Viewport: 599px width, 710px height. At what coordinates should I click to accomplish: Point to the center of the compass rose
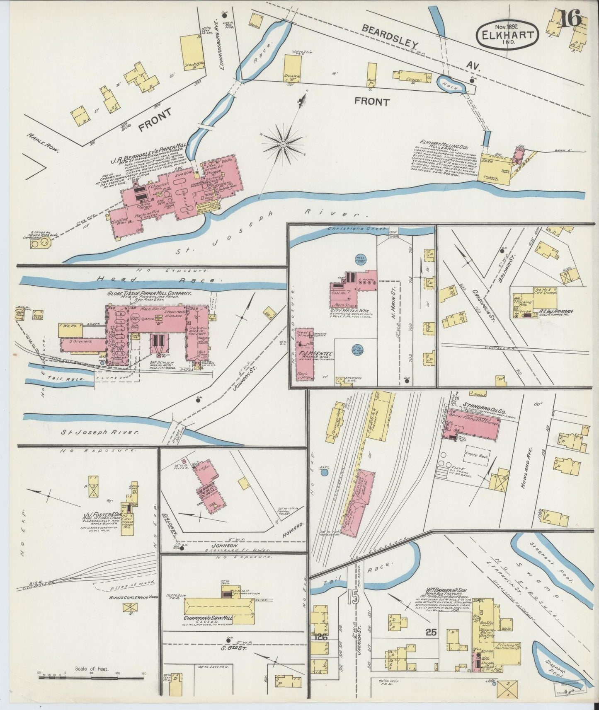[282, 144]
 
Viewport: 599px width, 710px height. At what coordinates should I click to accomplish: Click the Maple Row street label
[43, 142]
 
